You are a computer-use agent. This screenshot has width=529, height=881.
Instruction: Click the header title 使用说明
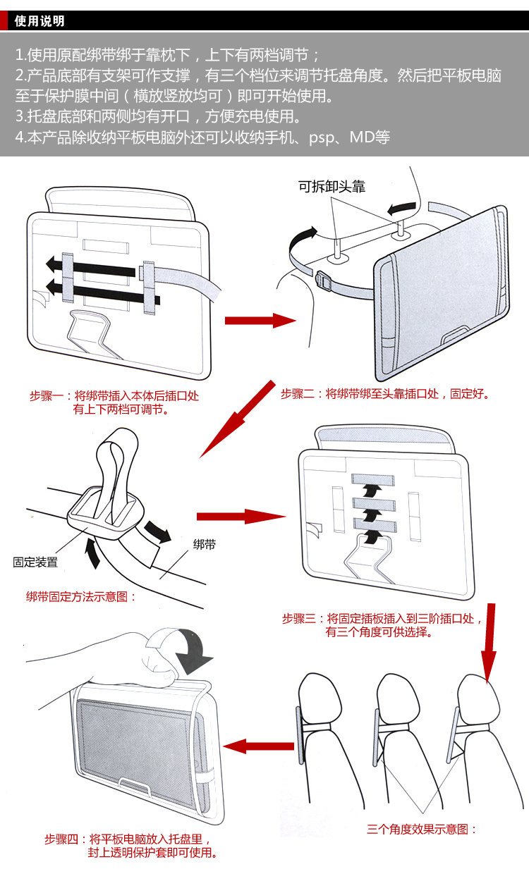39,21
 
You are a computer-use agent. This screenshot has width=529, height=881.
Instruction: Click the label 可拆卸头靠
332,186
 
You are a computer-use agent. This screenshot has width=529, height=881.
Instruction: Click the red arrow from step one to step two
260,321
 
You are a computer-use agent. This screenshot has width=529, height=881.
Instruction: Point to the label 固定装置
35,562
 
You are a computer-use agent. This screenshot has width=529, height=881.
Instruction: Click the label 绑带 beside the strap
205,545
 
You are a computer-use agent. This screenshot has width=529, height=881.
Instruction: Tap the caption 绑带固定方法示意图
81,597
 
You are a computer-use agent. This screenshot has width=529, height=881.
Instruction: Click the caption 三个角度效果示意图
422,830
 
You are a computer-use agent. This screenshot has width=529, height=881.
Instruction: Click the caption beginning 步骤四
130,846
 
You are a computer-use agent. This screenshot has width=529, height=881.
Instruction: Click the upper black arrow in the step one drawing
92,265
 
